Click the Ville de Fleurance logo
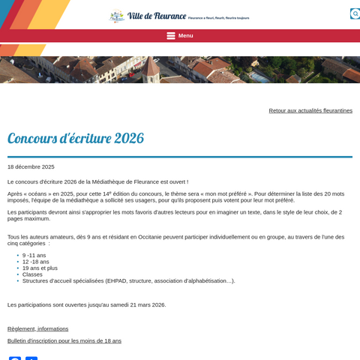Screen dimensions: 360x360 146,16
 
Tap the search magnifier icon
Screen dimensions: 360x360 355,13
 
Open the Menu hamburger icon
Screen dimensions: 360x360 171,35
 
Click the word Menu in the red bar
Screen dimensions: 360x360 186,35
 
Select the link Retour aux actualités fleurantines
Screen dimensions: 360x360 310,110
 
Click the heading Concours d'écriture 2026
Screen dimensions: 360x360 76,139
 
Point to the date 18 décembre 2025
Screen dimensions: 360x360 31,166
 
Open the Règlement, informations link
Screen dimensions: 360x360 37,328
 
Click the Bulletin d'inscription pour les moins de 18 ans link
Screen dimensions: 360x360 64,340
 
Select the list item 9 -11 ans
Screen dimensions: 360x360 34,255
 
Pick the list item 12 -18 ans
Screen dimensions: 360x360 36,262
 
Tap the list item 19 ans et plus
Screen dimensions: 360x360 40,268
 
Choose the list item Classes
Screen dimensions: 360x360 32,274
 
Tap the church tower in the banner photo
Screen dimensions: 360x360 153,69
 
